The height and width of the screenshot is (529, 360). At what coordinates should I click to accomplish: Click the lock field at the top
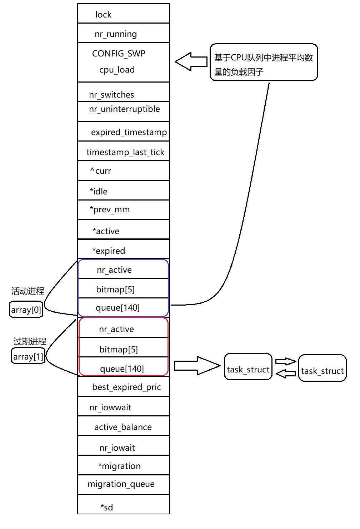pyautogui.click(x=104, y=14)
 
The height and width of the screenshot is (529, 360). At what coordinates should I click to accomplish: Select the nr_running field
pyautogui.click(x=116, y=34)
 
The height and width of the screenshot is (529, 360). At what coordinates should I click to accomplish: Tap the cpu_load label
pyautogui.click(x=117, y=70)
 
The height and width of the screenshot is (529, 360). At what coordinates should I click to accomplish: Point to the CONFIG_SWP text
pyautogui.click(x=119, y=54)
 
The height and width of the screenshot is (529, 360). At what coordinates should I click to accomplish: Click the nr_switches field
pyautogui.click(x=112, y=95)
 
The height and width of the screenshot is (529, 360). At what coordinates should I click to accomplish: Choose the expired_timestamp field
pyautogui.click(x=129, y=132)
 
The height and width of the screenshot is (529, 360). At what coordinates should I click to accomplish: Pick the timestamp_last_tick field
pyautogui.click(x=125, y=152)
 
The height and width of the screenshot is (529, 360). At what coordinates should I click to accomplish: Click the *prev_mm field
pyautogui.click(x=110, y=209)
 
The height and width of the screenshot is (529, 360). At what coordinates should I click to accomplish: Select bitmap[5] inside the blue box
pyautogui.click(x=115, y=289)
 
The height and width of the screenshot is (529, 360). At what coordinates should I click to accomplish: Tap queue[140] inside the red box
pyautogui.click(x=122, y=369)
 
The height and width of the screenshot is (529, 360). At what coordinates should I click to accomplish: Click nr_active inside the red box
pyautogui.click(x=116, y=329)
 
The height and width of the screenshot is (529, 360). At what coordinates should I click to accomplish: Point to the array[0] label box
pyautogui.click(x=26, y=310)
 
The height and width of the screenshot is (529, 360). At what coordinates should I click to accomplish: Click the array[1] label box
pyautogui.click(x=28, y=356)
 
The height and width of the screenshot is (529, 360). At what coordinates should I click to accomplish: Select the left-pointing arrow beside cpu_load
pyautogui.click(x=191, y=61)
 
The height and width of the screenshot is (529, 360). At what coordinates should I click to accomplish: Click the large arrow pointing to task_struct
pyautogui.click(x=197, y=366)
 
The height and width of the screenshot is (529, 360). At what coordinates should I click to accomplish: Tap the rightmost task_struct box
pyautogui.click(x=322, y=369)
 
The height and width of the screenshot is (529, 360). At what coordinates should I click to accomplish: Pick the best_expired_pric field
pyautogui.click(x=126, y=387)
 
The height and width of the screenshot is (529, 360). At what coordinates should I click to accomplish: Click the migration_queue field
pyautogui.click(x=121, y=484)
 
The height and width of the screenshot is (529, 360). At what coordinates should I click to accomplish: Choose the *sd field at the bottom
pyautogui.click(x=107, y=507)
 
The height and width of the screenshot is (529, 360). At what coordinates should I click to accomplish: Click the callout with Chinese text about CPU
pyautogui.click(x=264, y=63)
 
